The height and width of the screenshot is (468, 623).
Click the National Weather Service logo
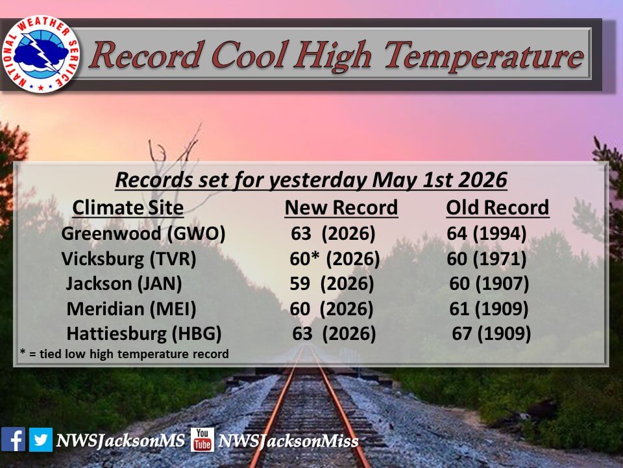coord(40,54)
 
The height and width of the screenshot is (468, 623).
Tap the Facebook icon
coord(13,439)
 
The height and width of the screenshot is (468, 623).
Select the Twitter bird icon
coord(40,439)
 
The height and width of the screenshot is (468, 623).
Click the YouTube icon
coord(202,439)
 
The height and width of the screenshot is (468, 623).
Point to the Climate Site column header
coord(128,208)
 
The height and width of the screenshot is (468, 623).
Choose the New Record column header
coord(341,208)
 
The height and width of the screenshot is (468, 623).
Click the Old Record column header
coord(498,208)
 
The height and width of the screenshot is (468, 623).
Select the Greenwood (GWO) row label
coord(143,233)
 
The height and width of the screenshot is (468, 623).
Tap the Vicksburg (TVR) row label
coord(128,259)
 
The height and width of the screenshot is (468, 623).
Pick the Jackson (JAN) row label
coord(124,284)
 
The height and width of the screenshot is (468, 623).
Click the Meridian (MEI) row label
coord(131,309)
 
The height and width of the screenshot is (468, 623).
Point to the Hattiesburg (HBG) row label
coord(144,334)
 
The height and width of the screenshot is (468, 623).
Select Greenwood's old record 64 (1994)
coord(487,233)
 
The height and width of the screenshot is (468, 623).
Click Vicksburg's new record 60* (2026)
coord(335,259)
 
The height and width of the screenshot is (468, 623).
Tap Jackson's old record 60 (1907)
coord(489,284)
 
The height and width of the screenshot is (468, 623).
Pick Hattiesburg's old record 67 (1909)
coord(491,334)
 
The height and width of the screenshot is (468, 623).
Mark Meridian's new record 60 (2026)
coord(332,309)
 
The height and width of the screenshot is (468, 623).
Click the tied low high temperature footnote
coord(125,354)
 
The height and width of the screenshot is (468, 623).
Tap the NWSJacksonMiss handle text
coord(288,441)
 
